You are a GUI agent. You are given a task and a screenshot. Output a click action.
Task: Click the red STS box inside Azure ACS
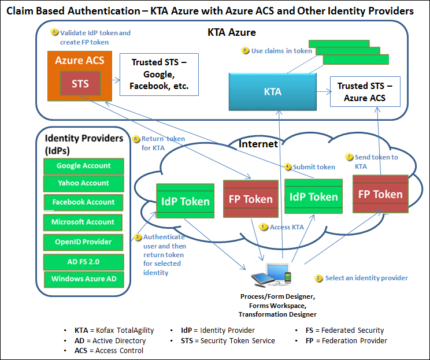click(80, 83)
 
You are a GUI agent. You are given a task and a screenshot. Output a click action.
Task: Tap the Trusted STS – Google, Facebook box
click(158, 75)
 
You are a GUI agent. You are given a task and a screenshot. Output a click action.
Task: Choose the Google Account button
click(84, 166)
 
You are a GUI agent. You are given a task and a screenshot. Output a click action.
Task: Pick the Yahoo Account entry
click(84, 183)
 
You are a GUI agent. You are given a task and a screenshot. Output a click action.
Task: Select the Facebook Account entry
click(84, 202)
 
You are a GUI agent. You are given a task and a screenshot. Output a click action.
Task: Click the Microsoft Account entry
click(84, 222)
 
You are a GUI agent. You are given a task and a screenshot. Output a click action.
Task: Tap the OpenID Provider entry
click(84, 242)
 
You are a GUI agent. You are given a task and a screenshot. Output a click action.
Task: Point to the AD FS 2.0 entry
click(84, 261)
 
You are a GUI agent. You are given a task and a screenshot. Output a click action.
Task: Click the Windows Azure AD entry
click(84, 279)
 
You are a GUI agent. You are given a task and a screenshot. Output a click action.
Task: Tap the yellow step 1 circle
click(264, 227)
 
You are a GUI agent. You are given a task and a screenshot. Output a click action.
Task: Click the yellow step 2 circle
click(318, 278)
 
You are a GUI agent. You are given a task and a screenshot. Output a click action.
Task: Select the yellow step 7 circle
click(349, 157)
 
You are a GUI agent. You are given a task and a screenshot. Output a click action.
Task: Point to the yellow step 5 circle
click(54, 32)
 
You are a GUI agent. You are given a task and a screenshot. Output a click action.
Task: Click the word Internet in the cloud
click(258, 143)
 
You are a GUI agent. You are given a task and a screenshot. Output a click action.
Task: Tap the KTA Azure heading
click(231, 32)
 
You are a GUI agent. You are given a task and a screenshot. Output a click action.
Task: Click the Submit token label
click(314, 167)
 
